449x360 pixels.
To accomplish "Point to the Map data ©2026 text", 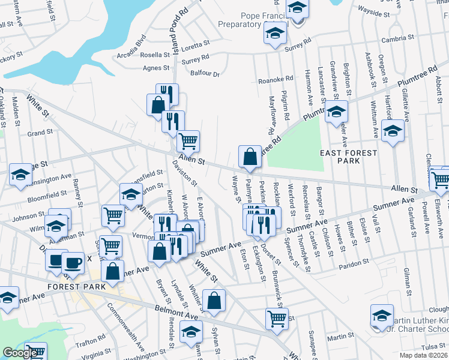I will click(x=423, y=355).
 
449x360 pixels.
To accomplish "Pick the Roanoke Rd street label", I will click(x=275, y=79).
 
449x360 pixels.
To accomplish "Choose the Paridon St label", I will click(x=353, y=263).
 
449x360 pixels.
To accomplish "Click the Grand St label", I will click(x=40, y=132).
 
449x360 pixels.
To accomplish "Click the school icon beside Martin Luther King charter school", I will click(x=382, y=316).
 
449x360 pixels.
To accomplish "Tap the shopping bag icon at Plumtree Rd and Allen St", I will click(x=249, y=157).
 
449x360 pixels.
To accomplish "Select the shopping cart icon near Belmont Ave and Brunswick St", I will click(x=276, y=318).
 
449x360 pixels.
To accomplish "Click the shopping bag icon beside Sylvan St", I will click(x=214, y=301).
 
